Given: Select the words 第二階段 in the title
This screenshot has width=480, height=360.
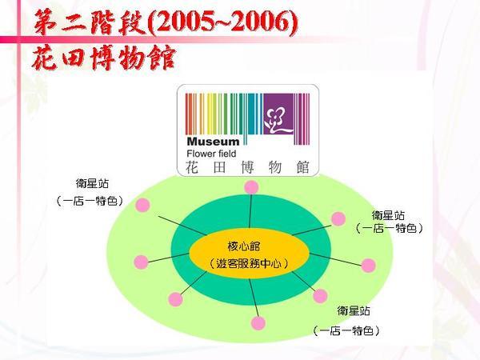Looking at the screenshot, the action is click(90, 22).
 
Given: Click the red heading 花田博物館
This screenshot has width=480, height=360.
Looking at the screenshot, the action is click(104, 58).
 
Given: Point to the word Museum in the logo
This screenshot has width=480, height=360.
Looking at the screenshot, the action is click(213, 142).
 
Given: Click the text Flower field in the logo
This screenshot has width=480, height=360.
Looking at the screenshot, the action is click(211, 154).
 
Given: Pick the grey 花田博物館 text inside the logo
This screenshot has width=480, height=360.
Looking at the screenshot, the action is click(247, 167).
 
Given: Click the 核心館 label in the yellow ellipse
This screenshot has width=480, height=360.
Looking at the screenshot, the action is click(244, 246).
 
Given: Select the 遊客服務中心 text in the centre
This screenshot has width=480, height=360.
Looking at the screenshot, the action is click(249, 263).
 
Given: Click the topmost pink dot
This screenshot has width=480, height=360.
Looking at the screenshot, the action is click(252, 187).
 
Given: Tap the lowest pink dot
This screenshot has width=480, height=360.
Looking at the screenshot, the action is click(258, 323).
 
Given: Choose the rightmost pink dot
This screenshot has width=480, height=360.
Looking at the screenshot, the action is click(369, 266).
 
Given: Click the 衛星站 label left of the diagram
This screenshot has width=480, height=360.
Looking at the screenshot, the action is click(92, 184).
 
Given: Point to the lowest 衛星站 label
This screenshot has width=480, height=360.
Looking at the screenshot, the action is click(354, 311).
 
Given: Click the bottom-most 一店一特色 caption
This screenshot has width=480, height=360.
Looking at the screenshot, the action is click(346, 330).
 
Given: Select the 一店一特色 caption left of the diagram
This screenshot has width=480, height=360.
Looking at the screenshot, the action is click(90, 201).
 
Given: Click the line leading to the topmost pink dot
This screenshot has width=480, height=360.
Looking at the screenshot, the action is click(250, 211).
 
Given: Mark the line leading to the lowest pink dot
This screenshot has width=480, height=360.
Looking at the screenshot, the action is click(254, 298).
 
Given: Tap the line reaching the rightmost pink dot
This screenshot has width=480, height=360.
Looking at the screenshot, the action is click(336, 259).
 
